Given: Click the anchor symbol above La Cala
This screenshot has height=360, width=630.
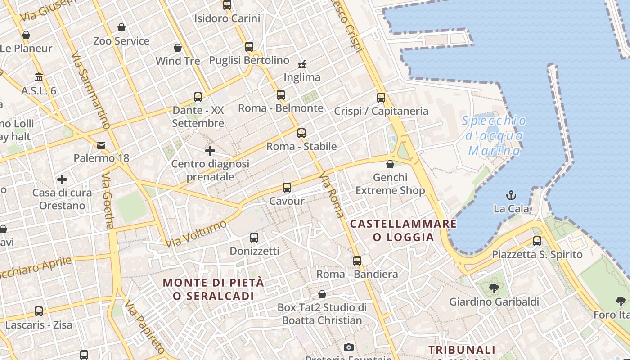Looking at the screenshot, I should [x=511, y=195].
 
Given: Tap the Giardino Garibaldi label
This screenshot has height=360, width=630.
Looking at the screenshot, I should [x=494, y=301].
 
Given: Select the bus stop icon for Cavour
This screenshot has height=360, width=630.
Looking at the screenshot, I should [x=287, y=188].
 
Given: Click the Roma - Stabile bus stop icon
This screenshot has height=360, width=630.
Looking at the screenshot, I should [x=301, y=133].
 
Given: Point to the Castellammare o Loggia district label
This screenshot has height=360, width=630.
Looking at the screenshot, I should [x=403, y=230].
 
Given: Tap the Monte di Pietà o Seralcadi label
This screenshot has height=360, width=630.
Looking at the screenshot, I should [x=213, y=289].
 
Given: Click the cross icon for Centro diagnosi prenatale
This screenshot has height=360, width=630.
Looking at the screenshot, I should [x=210, y=151].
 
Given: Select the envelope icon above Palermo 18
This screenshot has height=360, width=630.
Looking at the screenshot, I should [x=101, y=145].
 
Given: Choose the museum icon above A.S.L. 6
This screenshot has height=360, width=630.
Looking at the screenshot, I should [x=39, y=77].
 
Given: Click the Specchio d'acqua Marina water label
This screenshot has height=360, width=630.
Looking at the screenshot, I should [x=494, y=135].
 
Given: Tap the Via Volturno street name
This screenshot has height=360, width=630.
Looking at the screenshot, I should [x=196, y=234].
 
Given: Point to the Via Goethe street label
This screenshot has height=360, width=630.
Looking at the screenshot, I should [x=108, y=201].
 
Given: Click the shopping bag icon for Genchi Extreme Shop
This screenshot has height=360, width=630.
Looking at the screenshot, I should [x=390, y=164].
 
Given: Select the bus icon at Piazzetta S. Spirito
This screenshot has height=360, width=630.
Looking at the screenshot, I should [x=537, y=241].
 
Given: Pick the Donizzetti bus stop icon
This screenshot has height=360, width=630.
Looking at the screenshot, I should [x=254, y=238].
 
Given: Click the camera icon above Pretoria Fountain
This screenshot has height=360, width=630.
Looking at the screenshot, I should [x=348, y=347].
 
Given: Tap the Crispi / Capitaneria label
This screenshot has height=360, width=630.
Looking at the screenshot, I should [x=381, y=111].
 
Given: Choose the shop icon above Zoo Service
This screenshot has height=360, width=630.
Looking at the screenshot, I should [x=121, y=28].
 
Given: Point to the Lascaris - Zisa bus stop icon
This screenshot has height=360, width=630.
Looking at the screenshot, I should [x=39, y=311].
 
